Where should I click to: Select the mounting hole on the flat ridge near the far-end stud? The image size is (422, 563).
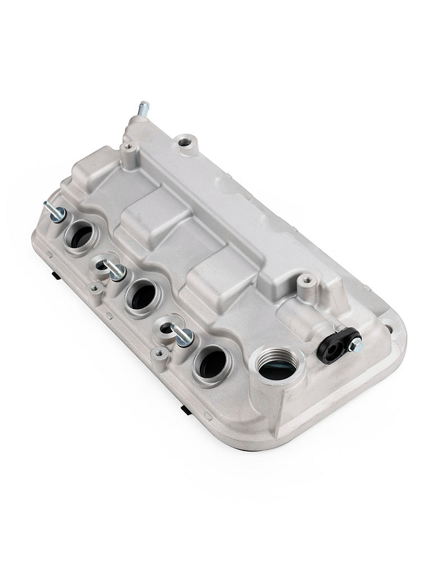click(x=184, y=141)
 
